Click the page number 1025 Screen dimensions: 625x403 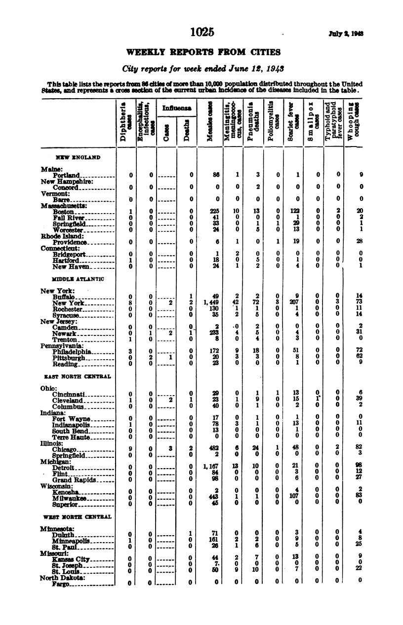point(201,33)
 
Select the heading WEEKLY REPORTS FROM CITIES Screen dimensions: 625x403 point(203,52)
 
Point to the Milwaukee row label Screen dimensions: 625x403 point(71,498)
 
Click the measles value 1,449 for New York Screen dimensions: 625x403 point(210,303)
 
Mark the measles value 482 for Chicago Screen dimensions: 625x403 point(213,449)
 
